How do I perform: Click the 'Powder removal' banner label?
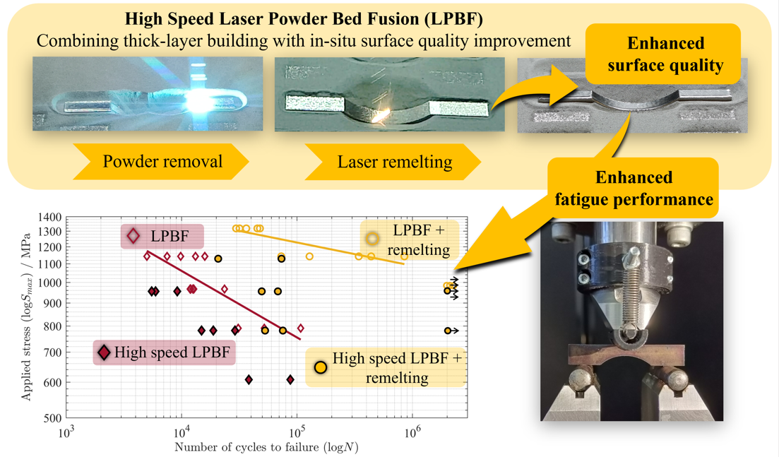tap(162, 162)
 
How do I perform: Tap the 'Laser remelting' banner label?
tap(394, 162)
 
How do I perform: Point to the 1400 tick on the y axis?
tap(52, 218)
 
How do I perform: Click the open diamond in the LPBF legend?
tap(133, 236)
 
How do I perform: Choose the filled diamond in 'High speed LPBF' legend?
tap(104, 352)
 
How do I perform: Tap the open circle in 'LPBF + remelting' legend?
tap(372, 239)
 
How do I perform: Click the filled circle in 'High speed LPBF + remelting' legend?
tap(321, 367)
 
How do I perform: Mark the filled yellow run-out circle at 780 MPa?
tap(447, 331)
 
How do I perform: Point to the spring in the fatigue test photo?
tap(626, 297)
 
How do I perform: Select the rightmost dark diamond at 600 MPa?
tap(290, 380)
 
